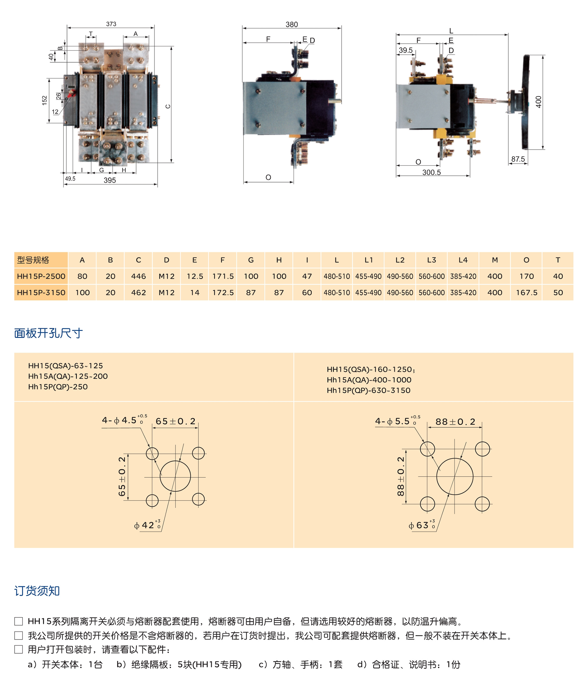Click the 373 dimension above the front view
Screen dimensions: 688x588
(x=111, y=24)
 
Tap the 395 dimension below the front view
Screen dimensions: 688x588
(x=110, y=180)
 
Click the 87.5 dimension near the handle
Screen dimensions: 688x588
(x=518, y=159)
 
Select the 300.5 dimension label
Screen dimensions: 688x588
(x=431, y=172)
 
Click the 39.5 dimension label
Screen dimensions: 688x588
(x=405, y=50)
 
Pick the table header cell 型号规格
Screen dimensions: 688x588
(x=33, y=260)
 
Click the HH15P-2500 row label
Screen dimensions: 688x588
(x=41, y=276)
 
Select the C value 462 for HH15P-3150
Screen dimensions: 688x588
(x=138, y=292)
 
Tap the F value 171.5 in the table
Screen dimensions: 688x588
(x=223, y=276)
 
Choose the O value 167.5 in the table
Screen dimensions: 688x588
(x=526, y=292)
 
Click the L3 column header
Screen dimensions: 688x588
(x=431, y=260)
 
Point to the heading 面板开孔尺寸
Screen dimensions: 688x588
(x=48, y=333)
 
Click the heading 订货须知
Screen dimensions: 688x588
(x=37, y=591)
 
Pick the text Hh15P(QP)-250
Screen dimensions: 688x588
(x=58, y=387)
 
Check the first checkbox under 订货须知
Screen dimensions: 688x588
(x=19, y=621)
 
